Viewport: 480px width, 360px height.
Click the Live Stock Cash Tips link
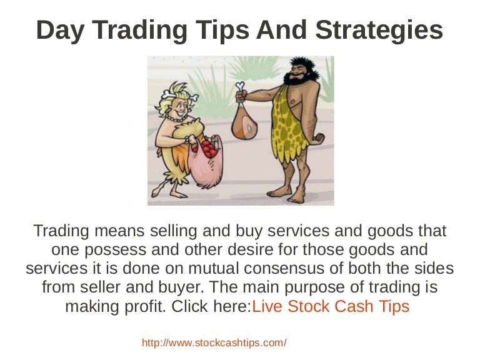point(331,307)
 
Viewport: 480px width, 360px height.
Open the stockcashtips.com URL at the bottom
point(214,342)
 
